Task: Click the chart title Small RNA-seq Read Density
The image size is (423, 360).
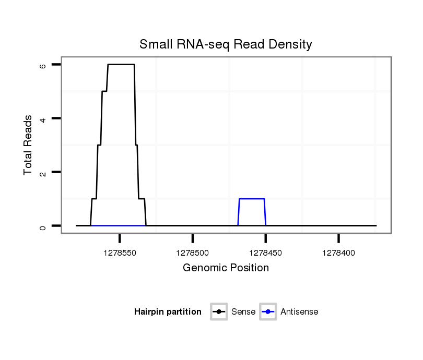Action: pos(226,44)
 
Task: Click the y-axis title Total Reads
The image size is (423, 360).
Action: pos(28,145)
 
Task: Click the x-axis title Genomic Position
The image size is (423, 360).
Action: pos(226,268)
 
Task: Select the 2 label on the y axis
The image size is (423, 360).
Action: pos(43,172)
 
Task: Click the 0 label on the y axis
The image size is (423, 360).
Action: pos(43,226)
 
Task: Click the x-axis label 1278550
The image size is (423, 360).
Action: pos(120,253)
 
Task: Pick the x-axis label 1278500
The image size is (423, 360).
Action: pos(193,253)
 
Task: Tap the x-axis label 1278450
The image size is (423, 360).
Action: pos(266,253)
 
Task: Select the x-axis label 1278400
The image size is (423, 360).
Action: pos(338,253)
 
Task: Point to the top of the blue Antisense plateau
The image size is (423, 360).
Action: pos(252,199)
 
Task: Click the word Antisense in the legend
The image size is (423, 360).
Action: pos(299,312)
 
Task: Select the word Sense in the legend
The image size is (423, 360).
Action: pos(243,312)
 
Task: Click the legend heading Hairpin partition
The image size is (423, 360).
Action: pos(168,312)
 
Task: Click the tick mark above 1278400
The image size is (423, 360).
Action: pos(338,238)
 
